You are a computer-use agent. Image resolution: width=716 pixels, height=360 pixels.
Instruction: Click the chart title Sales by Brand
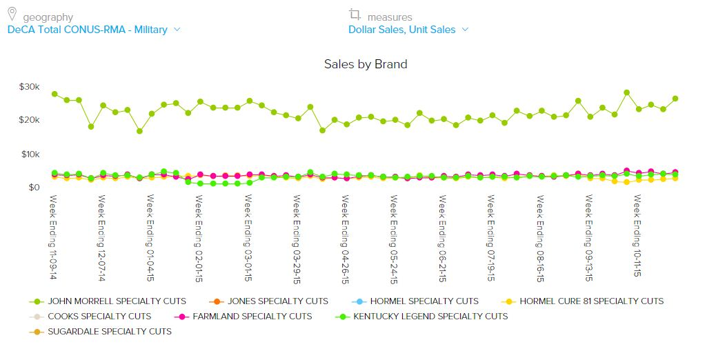coord(366,64)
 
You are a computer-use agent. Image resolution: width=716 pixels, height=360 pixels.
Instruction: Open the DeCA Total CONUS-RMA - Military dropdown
coord(94,30)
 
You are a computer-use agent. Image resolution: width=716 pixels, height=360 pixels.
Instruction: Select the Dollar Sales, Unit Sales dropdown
coord(408,30)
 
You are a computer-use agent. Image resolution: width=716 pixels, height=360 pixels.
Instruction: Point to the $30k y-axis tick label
coord(30,87)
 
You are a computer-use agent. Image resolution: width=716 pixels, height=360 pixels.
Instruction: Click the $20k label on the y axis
coord(30,120)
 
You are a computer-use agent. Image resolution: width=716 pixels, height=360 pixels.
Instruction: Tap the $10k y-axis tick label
coord(30,154)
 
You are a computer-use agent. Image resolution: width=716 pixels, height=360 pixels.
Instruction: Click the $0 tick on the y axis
coord(34,187)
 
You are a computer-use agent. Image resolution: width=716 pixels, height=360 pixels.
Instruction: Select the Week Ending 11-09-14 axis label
coord(53,237)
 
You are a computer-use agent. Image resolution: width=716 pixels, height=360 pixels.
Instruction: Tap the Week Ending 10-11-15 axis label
coord(637,237)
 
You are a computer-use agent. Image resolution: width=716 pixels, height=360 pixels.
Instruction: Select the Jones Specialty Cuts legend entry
coord(277,301)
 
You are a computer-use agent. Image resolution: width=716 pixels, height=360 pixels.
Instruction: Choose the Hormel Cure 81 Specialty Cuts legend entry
coord(591,301)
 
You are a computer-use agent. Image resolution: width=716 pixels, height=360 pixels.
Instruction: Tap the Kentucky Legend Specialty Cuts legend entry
coord(430,317)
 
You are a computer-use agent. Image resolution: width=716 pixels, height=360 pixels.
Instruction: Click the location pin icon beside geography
coord(12,14)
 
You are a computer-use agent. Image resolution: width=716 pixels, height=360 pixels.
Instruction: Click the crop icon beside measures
coord(355,14)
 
